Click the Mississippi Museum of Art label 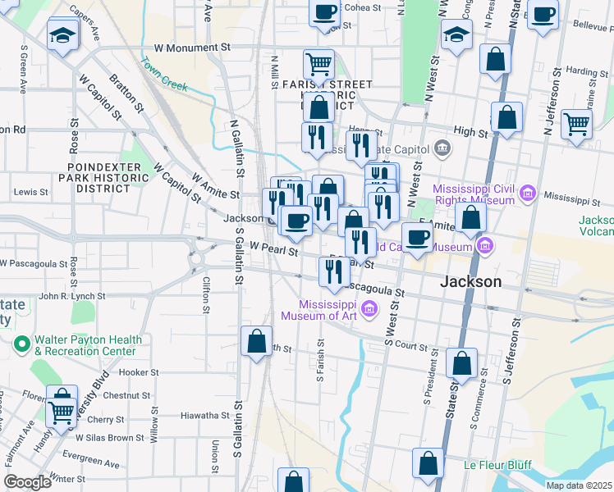[318, 308]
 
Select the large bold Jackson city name [470, 281]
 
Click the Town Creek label [164, 74]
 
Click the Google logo [27, 482]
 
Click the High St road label [470, 131]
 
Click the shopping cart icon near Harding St [576, 125]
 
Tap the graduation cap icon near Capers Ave [62, 34]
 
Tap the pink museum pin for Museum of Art [369, 309]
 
